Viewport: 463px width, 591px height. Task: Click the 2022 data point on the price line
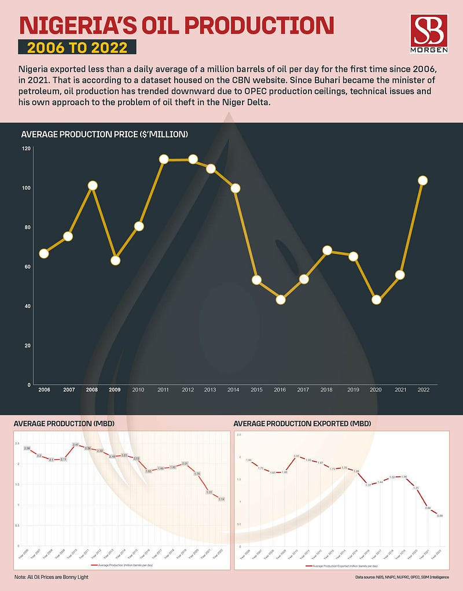422,180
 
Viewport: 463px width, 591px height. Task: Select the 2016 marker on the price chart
281,300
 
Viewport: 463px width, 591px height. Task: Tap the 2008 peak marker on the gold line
92,186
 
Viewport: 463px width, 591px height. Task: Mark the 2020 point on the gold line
376,300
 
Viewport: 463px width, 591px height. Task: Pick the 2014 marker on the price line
235,188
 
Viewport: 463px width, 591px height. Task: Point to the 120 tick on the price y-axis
26,149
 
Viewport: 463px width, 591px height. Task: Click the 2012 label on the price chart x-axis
188,390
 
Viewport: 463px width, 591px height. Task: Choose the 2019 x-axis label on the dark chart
353,390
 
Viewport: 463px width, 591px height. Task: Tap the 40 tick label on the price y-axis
26,306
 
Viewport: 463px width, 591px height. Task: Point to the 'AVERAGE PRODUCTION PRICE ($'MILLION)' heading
104,135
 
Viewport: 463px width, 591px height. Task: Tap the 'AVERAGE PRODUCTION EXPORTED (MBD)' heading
302,424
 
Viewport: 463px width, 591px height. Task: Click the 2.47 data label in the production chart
75,444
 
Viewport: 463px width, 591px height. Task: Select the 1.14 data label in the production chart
222,499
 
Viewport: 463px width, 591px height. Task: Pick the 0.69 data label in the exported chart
440,515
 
